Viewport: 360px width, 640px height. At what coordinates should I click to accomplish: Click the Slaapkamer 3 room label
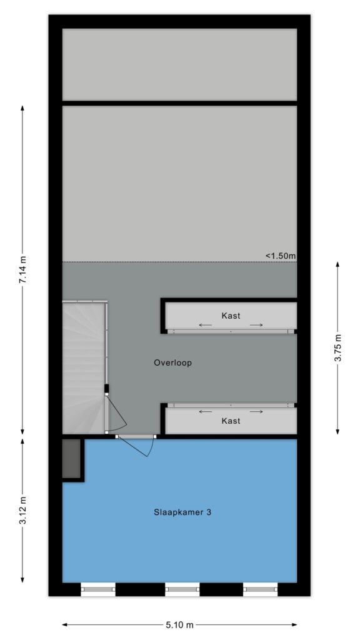pos(182,512)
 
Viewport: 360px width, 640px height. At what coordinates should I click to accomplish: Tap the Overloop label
pos(172,362)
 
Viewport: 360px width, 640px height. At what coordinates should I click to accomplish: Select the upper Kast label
pos(231,316)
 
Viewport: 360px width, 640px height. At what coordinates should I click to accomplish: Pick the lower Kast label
pos(231,421)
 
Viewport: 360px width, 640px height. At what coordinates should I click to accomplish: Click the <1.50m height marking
pos(281,256)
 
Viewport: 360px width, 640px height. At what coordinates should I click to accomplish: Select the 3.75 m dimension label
pos(337,347)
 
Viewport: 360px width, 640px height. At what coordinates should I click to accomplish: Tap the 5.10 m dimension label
pos(179,625)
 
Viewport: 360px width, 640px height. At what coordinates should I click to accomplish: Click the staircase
pos(84,367)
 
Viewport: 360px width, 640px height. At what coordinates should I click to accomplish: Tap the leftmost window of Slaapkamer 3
pos(98,589)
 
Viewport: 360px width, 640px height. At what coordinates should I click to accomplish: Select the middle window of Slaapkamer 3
pos(182,589)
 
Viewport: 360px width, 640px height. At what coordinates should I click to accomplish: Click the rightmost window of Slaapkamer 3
pos(261,589)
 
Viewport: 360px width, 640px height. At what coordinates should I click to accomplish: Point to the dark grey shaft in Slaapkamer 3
pos(71,458)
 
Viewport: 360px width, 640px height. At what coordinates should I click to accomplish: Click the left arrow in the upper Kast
pos(205,325)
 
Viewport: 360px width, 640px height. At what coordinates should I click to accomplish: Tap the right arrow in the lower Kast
pos(256,412)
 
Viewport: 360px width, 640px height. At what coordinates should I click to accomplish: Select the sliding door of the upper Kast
pos(231,331)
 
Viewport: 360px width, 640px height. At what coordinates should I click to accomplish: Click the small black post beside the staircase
pos(106,388)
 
